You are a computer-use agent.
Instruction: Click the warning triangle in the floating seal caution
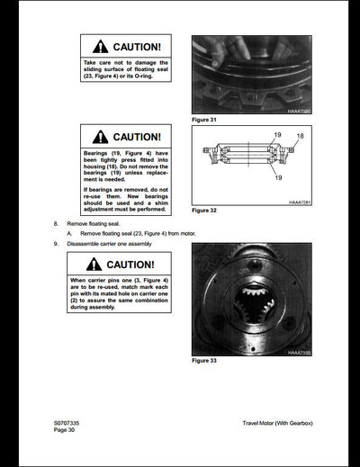click(100, 46)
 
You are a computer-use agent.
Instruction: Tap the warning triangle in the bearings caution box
click(100, 137)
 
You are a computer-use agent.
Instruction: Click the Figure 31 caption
click(206, 119)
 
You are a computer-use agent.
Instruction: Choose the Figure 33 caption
click(206, 361)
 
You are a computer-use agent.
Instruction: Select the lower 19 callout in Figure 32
click(277, 178)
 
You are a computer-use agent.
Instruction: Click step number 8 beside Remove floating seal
click(56, 221)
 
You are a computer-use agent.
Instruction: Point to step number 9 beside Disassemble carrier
click(56, 243)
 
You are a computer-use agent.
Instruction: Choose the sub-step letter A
click(69, 232)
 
